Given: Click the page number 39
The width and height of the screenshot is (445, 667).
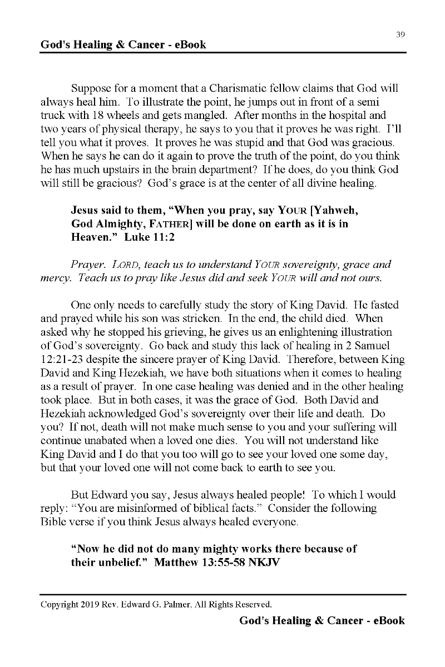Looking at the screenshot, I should (x=400, y=34).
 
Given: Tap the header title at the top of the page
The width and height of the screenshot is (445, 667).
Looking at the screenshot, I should (x=123, y=44).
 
